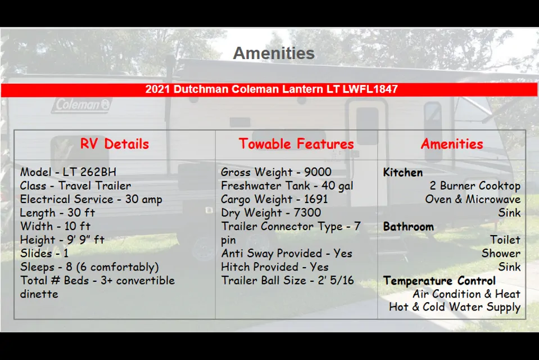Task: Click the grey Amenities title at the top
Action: click(x=274, y=53)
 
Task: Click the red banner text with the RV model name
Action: click(x=271, y=89)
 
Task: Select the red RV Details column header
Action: click(x=115, y=144)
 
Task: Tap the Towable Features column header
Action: click(x=296, y=144)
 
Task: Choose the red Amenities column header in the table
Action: click(x=452, y=144)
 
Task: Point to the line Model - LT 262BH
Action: click(x=68, y=172)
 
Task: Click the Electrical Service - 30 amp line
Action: click(x=91, y=200)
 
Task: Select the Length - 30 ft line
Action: click(x=57, y=213)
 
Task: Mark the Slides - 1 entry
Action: click(x=44, y=253)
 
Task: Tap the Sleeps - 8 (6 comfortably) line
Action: click(x=89, y=267)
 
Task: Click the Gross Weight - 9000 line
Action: click(x=276, y=172)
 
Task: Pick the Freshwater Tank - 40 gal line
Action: click(x=287, y=186)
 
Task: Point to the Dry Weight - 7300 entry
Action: click(x=271, y=213)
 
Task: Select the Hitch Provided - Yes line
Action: click(x=275, y=267)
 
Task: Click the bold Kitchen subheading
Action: click(x=403, y=173)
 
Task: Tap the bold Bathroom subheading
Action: click(x=409, y=227)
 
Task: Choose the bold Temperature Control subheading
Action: click(x=440, y=281)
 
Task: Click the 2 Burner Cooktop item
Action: click(x=475, y=186)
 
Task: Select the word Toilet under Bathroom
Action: click(x=505, y=240)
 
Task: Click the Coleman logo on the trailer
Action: click(x=82, y=105)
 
